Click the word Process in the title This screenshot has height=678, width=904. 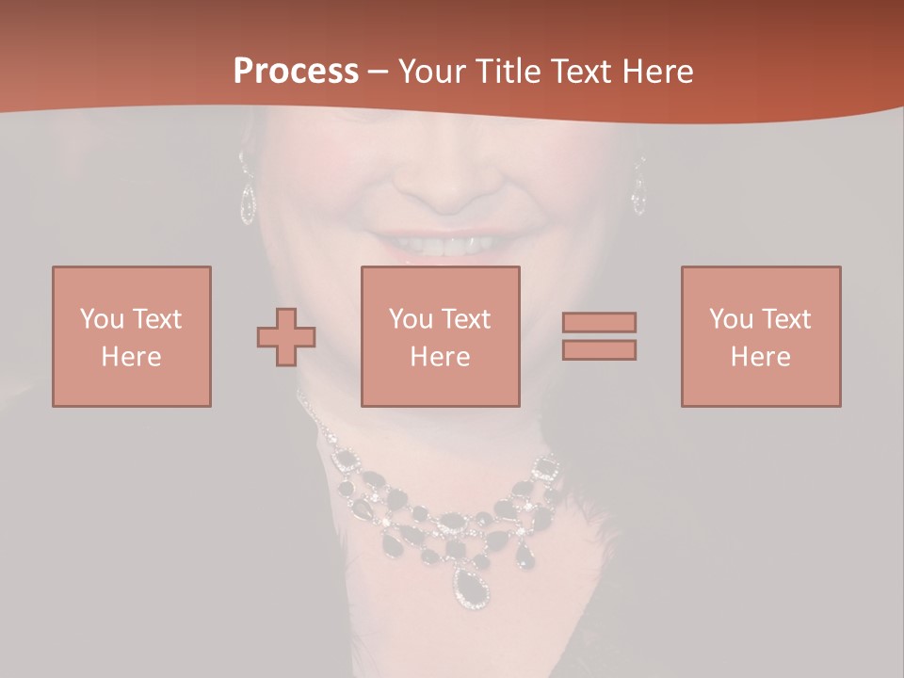pyautogui.click(x=296, y=72)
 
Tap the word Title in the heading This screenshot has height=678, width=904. pyautogui.click(x=508, y=72)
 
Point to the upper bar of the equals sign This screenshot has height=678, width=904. pyautogui.click(x=599, y=322)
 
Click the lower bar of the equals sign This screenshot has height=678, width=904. pyautogui.click(x=599, y=350)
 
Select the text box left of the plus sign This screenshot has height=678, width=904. pyautogui.click(x=131, y=336)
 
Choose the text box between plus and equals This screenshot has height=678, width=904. pyautogui.click(x=440, y=336)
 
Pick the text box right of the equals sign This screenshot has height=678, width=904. pyautogui.click(x=760, y=336)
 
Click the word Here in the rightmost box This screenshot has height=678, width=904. pyautogui.click(x=760, y=357)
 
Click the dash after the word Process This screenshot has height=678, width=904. pyautogui.click(x=378, y=72)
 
